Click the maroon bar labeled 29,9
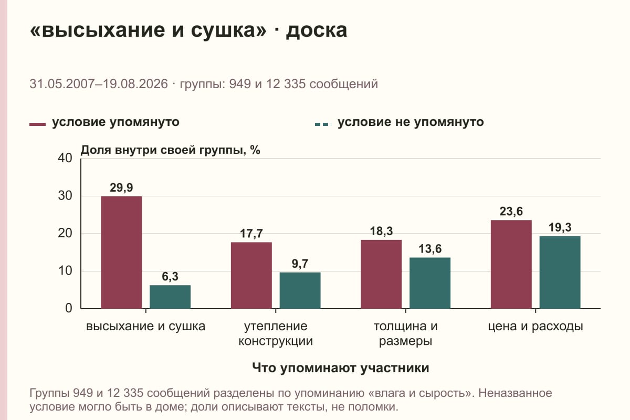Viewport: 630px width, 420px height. point(121,253)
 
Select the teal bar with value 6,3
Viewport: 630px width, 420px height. point(170,297)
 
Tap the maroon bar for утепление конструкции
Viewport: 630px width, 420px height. point(251,276)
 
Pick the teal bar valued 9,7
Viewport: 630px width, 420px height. point(300,290)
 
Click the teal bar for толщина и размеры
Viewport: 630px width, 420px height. point(430,283)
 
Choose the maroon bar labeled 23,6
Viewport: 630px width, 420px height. point(511,264)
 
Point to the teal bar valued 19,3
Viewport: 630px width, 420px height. point(560,272)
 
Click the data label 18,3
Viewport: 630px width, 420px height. point(381,231)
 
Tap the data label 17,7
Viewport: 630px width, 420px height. point(251,234)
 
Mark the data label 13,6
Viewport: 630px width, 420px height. point(430,249)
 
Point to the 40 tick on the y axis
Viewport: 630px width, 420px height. point(65,158)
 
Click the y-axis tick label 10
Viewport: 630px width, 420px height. point(65,271)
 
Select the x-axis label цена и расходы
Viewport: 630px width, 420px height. point(535,327)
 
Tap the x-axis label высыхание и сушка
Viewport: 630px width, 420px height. point(146,327)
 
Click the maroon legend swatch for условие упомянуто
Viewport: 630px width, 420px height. point(37,124)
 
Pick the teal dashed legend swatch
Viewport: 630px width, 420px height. point(323,124)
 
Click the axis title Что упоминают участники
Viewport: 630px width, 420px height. point(341,367)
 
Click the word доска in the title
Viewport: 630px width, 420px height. point(317,30)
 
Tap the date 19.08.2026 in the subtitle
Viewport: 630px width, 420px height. point(135,84)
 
